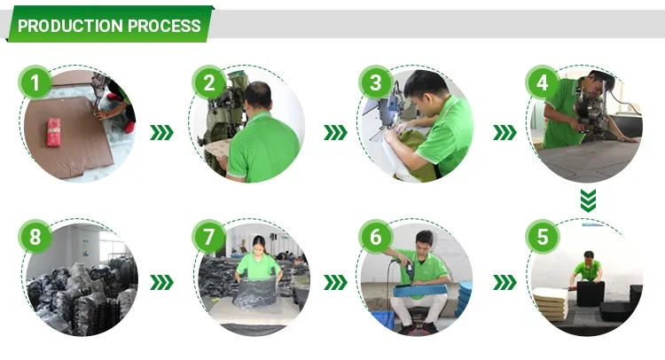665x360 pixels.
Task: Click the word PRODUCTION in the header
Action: click(71, 26)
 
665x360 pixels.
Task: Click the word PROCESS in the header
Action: click(164, 26)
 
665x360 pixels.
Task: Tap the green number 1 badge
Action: click(35, 82)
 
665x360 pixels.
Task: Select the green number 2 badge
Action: click(208, 82)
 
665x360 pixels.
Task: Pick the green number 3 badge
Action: click(375, 82)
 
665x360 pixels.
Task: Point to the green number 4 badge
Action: click(542, 82)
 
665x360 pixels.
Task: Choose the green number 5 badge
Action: click(542, 236)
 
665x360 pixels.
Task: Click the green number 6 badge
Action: click(375, 236)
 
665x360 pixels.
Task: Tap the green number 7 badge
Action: click(208, 236)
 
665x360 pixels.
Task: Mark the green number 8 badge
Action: click(35, 236)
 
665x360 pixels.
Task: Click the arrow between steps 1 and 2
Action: click(161, 132)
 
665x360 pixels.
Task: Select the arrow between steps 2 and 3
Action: click(335, 132)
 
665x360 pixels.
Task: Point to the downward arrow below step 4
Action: click(588, 200)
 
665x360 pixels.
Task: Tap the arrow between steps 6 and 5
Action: click(505, 282)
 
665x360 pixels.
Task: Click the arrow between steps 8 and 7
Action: click(161, 282)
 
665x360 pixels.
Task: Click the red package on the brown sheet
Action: click(53, 132)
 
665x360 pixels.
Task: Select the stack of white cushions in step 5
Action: click(551, 303)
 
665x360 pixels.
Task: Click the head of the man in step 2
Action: click(257, 96)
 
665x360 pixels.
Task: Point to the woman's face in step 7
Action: click(259, 246)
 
